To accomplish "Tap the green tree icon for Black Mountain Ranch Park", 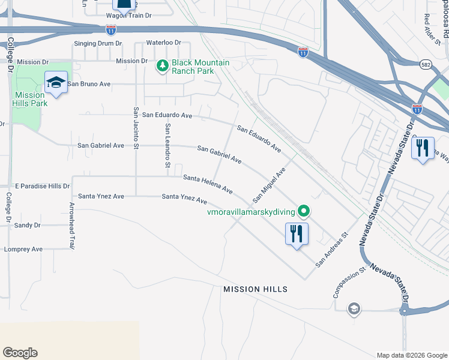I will [161, 65].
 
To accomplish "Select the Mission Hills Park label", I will [30, 99].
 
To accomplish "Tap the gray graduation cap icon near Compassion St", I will [354, 308].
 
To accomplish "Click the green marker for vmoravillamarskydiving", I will [304, 211].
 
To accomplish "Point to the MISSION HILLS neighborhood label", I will [255, 289].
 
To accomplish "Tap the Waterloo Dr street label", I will [164, 43].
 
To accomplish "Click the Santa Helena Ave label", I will [208, 184].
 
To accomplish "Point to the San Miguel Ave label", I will [268, 184].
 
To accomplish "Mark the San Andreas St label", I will [332, 249].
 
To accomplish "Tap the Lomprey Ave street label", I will [23, 249].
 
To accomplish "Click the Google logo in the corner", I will [20, 352].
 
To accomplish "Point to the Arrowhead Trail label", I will [71, 226].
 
